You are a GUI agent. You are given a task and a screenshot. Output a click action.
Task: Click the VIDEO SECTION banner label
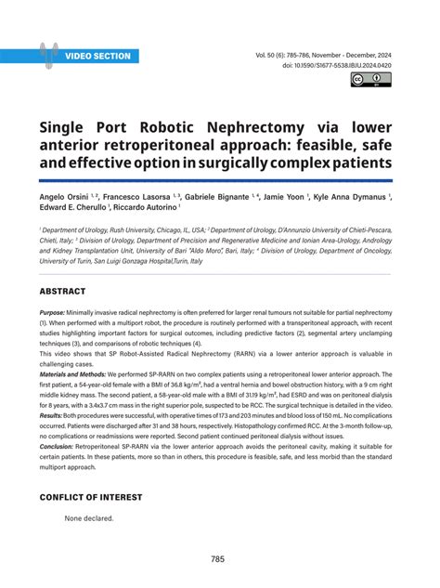click(x=97, y=56)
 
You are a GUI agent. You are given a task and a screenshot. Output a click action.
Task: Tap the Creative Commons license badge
click(x=370, y=80)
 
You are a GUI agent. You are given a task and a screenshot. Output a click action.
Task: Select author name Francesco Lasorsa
click(x=147, y=198)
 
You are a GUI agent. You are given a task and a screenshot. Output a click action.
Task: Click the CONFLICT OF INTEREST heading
click(x=91, y=497)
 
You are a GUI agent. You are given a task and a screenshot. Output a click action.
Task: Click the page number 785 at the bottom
click(x=220, y=559)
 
